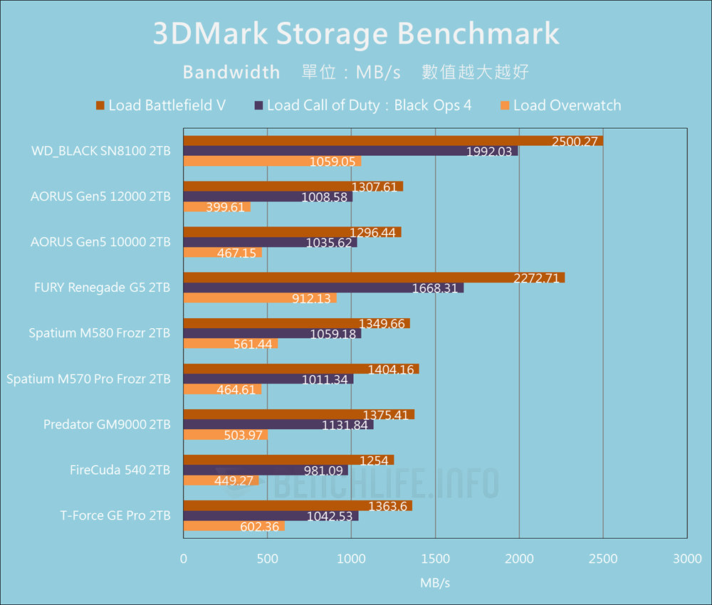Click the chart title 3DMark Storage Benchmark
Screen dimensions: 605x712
point(356,34)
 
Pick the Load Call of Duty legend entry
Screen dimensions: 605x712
point(362,105)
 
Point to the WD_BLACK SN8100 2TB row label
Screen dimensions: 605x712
point(100,151)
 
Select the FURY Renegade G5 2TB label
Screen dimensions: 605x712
point(102,288)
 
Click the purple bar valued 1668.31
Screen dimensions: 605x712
point(323,288)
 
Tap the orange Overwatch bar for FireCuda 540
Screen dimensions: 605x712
point(221,480)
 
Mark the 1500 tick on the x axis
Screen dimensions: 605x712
point(435,559)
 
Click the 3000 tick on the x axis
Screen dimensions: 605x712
point(686,559)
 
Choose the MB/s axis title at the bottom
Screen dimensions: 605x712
point(435,583)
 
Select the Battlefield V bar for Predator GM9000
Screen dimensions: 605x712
point(298,414)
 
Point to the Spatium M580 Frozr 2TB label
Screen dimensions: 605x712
point(100,333)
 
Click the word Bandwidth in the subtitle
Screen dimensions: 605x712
point(231,72)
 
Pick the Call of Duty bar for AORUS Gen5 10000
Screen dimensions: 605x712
point(270,242)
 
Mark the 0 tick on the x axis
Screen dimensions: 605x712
point(184,559)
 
